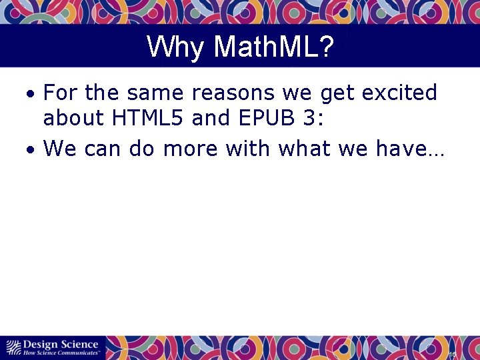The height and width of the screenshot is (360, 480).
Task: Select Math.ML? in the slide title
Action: click(274, 47)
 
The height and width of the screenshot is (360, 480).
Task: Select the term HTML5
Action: click(147, 118)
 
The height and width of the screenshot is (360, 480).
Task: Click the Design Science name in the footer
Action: click(61, 344)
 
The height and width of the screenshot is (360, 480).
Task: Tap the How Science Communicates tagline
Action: click(61, 352)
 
